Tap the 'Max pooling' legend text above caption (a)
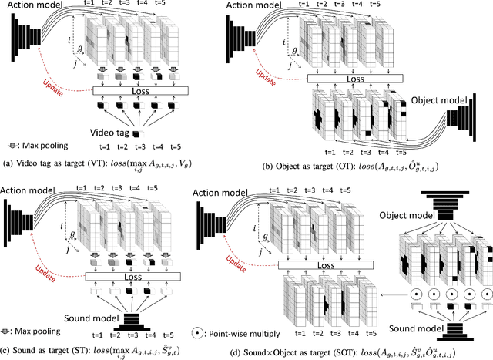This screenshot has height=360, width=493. [x=43, y=143]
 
